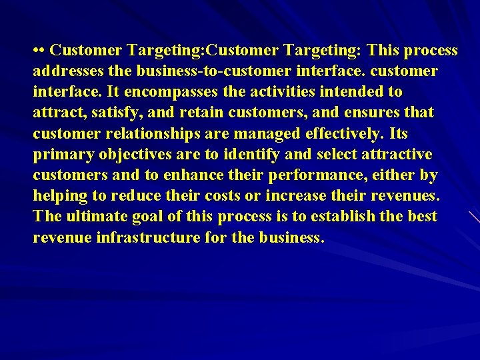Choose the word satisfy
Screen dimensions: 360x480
(x=103, y=113)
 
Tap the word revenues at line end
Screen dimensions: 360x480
(x=408, y=196)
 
